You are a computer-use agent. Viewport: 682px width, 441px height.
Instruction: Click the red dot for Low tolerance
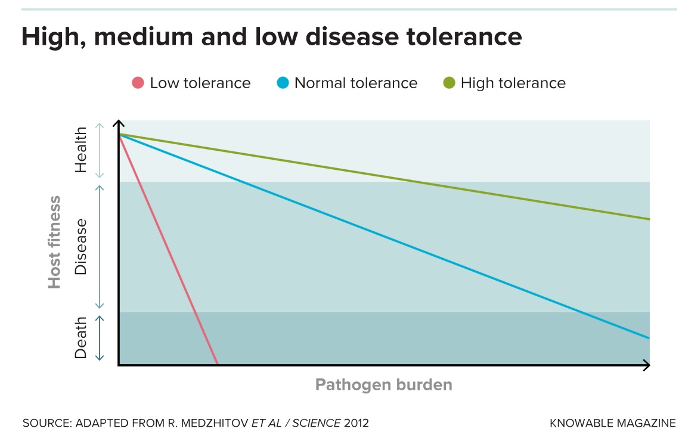pos(138,83)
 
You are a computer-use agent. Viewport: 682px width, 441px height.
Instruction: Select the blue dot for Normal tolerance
pos(283,83)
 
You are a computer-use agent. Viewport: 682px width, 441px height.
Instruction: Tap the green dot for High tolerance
pos(449,83)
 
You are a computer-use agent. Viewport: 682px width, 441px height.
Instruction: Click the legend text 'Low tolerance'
pos(200,83)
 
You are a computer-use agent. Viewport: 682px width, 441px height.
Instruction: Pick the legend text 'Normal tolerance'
pos(356,83)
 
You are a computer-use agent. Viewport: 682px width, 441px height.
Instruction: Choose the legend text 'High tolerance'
pos(513,83)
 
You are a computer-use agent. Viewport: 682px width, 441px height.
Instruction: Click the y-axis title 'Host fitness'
pos(55,242)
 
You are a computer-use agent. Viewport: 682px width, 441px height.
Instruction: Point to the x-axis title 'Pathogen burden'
pos(383,384)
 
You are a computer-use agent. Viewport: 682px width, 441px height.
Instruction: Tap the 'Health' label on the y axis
pos(80,150)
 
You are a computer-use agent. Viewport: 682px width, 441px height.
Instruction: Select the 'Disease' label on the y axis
pos(80,247)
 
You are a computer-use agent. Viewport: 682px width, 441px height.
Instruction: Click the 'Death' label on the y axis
pos(80,337)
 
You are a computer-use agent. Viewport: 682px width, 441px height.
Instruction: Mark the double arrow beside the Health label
pos(100,151)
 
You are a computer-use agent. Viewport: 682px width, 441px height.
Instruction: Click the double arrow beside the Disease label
pos(100,247)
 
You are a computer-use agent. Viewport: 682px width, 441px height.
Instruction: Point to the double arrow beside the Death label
pos(100,338)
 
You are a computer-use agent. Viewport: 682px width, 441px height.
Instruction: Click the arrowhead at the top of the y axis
pos(119,124)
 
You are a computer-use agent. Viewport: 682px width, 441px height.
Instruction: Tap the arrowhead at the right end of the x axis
pos(646,365)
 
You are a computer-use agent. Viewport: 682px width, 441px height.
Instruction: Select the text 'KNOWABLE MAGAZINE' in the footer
pos(613,424)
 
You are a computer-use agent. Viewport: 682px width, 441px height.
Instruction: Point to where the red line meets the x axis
pos(217,364)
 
